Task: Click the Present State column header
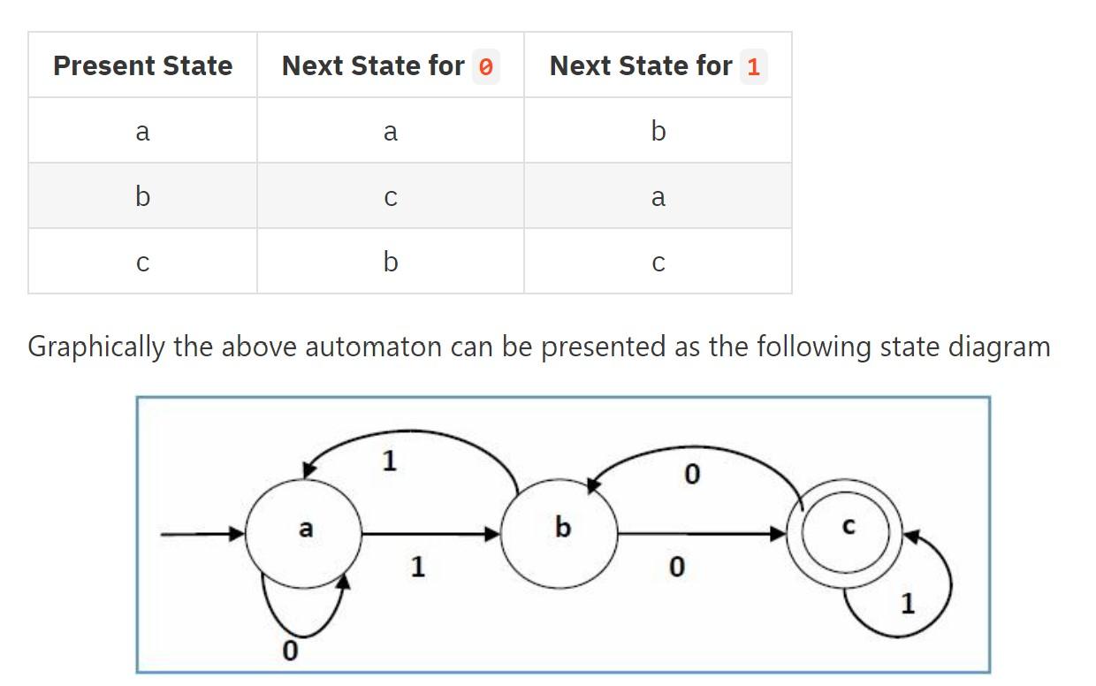coord(142,65)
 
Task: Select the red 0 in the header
coord(485,67)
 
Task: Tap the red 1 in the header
coord(752,67)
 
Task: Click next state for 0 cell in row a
coord(390,131)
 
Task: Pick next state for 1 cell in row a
coord(658,131)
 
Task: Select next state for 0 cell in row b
coord(390,196)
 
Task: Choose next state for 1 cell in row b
coord(658,196)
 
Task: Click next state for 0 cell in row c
coord(390,262)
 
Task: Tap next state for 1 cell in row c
coord(658,262)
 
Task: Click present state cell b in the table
coord(142,196)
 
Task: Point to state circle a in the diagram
coord(304,532)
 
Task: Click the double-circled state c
coord(847,532)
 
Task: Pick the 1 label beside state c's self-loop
coord(907,604)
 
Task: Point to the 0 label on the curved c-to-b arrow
coord(691,476)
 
